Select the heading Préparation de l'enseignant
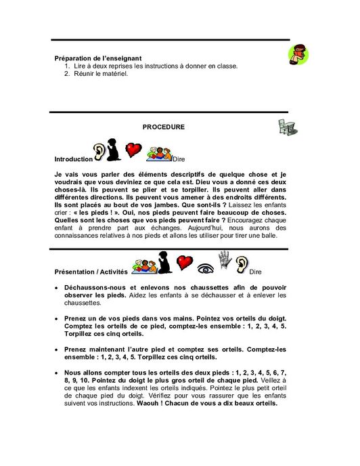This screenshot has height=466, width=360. tap(98, 58)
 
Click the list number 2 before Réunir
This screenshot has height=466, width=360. tap(67, 74)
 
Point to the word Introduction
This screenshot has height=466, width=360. tap(73, 159)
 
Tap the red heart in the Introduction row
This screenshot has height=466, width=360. tap(134, 150)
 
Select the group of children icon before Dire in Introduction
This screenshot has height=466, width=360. tap(159, 153)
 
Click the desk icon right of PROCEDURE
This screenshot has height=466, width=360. tap(286, 126)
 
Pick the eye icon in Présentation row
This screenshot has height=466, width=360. tap(205, 263)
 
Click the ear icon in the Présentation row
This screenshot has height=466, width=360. tap(242, 263)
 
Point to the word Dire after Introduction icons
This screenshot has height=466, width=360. tap(179, 159)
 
